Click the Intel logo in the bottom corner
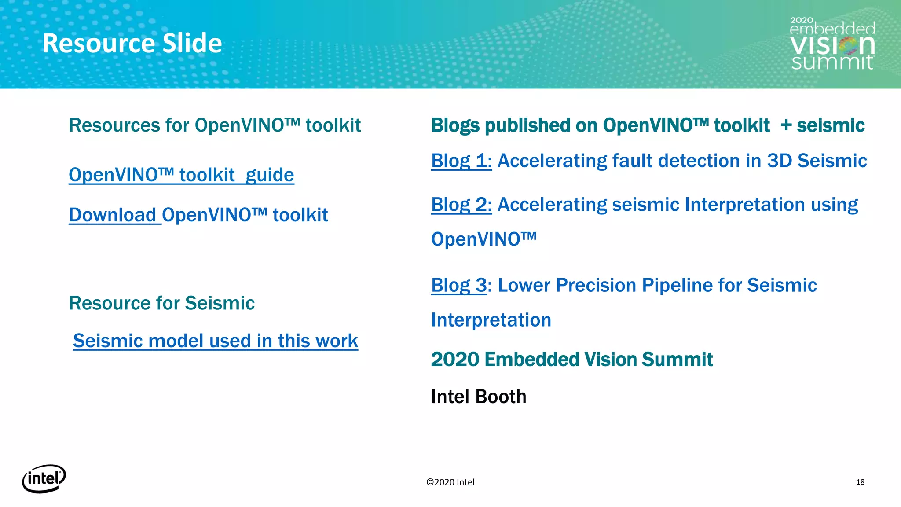click(x=44, y=478)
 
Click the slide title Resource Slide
click(x=132, y=43)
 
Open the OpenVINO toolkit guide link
click(x=181, y=175)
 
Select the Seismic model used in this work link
click(x=216, y=341)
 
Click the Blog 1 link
click(x=461, y=161)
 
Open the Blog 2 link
click(x=461, y=205)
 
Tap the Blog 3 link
click(x=459, y=285)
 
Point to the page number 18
click(x=860, y=482)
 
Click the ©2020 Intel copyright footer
click(x=450, y=482)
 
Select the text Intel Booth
click(x=479, y=397)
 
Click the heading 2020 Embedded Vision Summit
click(x=571, y=360)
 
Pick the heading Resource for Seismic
click(x=161, y=303)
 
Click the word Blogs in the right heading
click(x=455, y=126)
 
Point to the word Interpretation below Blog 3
click(x=491, y=320)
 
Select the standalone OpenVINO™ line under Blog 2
click(x=483, y=239)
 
